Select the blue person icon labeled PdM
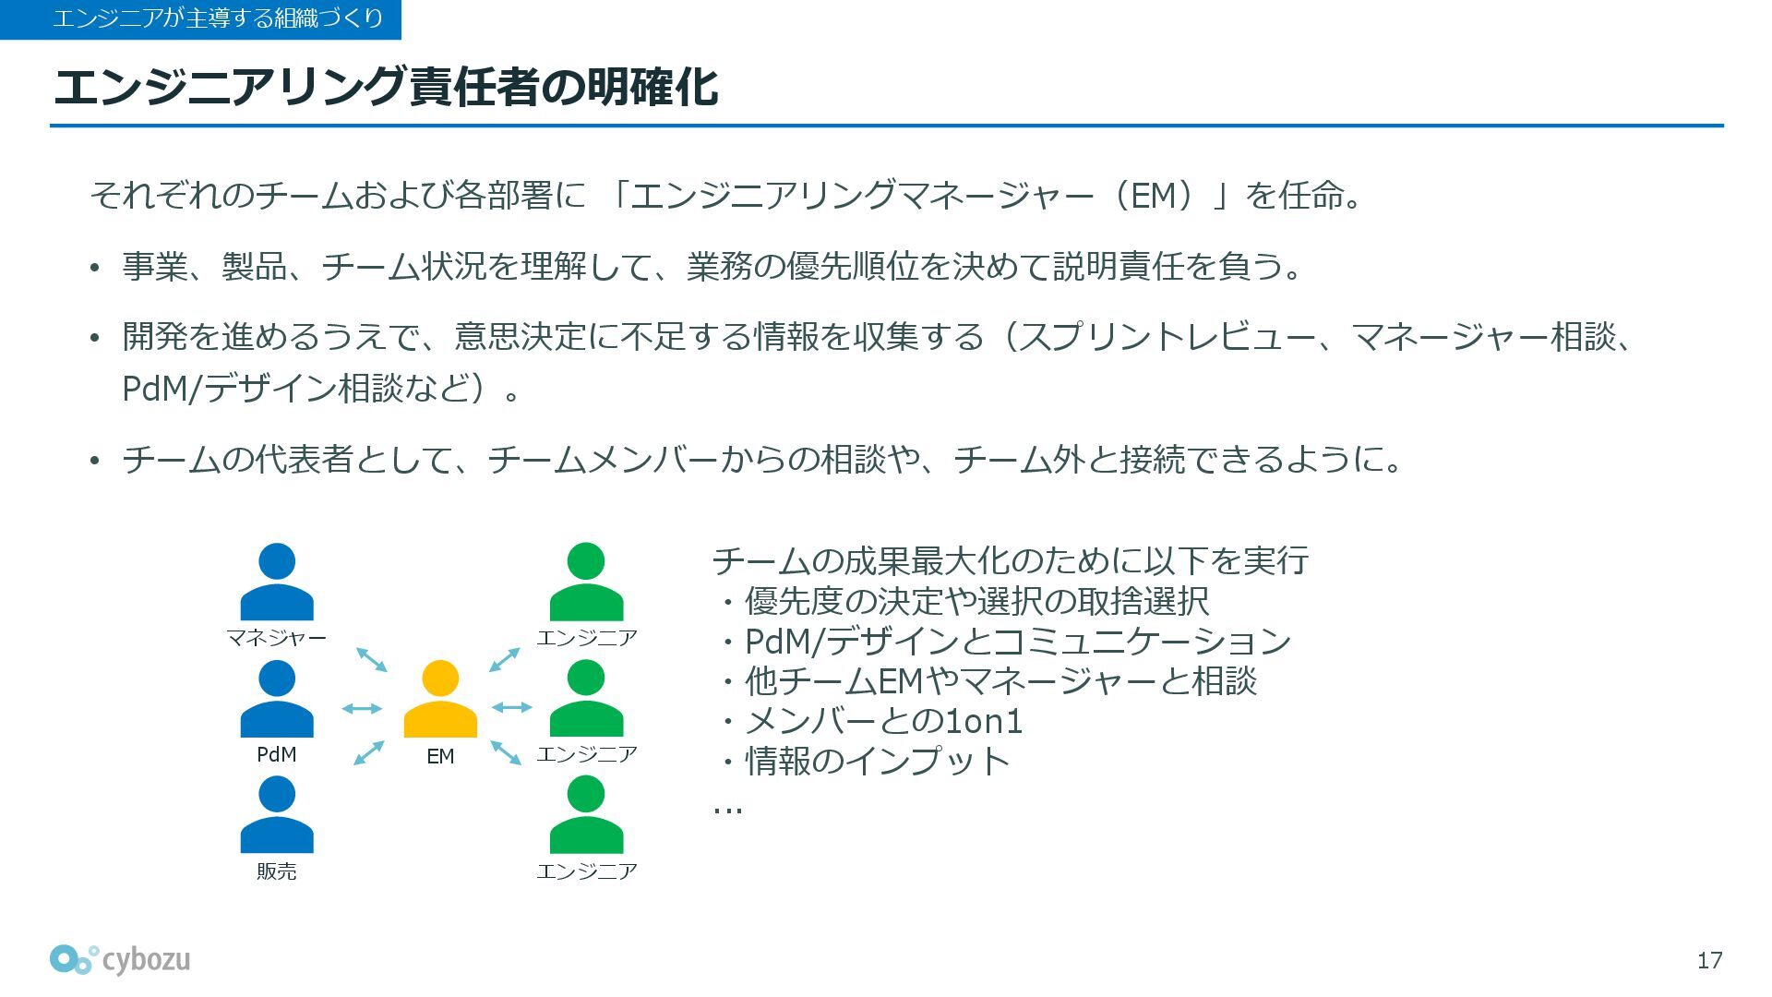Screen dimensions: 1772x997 tap(277, 699)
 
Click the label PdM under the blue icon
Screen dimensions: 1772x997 tap(277, 754)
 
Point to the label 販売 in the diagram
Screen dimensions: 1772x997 tap(277, 871)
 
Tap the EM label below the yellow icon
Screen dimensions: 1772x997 tap(440, 756)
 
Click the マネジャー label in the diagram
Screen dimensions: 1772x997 tap(277, 638)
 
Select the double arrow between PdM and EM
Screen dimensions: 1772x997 tap(362, 708)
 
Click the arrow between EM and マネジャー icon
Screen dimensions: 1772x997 tap(371, 659)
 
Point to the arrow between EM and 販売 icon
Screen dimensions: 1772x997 tap(369, 752)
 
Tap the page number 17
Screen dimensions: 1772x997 tap(1709, 961)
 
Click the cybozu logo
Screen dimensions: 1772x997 tap(120, 960)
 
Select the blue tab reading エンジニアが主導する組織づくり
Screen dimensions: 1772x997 tap(200, 19)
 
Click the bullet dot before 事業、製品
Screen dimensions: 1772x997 tap(94, 269)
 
